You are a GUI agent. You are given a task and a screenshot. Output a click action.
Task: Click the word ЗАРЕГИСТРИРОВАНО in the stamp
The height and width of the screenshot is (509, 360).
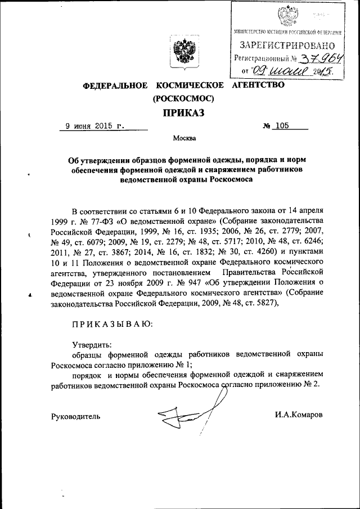[x=288, y=45]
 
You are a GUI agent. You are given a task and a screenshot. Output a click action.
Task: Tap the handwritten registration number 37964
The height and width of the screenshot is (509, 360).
[x=322, y=58]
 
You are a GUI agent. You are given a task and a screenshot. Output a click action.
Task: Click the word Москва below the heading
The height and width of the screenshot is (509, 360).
[x=185, y=138]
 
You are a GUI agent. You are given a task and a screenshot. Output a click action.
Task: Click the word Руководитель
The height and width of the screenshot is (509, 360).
[x=75, y=416]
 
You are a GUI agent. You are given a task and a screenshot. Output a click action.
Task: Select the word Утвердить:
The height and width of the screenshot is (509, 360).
[x=92, y=344]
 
